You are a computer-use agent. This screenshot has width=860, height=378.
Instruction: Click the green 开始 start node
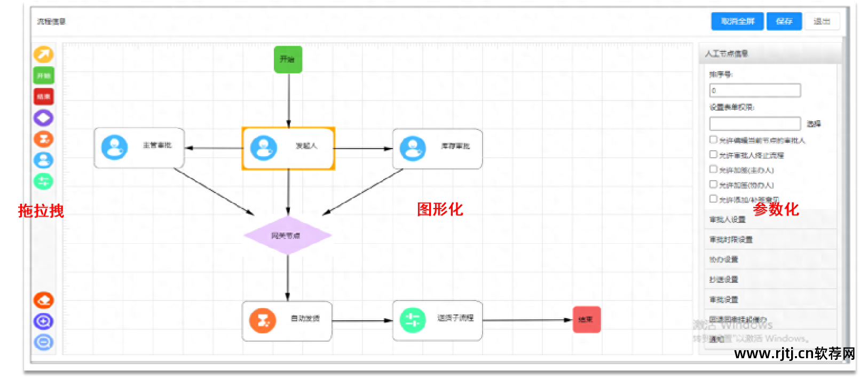[x=288, y=59]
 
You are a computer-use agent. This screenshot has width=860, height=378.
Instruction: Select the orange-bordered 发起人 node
[x=288, y=148]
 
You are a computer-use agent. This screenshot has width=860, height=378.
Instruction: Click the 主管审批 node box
[x=139, y=148]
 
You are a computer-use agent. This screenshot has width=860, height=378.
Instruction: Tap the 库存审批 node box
[x=437, y=148]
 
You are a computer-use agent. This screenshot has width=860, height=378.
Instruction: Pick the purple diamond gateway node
[x=287, y=235]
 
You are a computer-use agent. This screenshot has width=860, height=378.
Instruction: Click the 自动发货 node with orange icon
[x=287, y=320]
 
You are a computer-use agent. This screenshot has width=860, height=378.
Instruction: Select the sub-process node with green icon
[x=437, y=320]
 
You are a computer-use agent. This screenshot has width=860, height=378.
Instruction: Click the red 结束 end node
[x=586, y=319]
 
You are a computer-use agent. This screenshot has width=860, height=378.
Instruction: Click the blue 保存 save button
[x=784, y=21]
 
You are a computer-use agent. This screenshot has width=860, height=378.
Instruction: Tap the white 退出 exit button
[x=822, y=21]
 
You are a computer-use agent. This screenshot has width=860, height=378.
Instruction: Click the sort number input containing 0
[x=754, y=90]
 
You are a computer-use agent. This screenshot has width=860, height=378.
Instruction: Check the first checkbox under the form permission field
[x=713, y=140]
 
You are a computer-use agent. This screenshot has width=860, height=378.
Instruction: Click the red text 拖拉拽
[x=41, y=211]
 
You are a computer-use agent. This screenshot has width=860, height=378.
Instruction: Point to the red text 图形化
[x=440, y=209]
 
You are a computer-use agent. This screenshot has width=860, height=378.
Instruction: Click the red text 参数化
[x=776, y=209]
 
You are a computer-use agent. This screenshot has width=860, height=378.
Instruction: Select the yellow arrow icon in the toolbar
[x=44, y=55]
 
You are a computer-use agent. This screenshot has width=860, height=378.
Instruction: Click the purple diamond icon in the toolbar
[x=44, y=118]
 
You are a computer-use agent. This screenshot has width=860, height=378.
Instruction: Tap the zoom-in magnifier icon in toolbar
[x=44, y=321]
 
